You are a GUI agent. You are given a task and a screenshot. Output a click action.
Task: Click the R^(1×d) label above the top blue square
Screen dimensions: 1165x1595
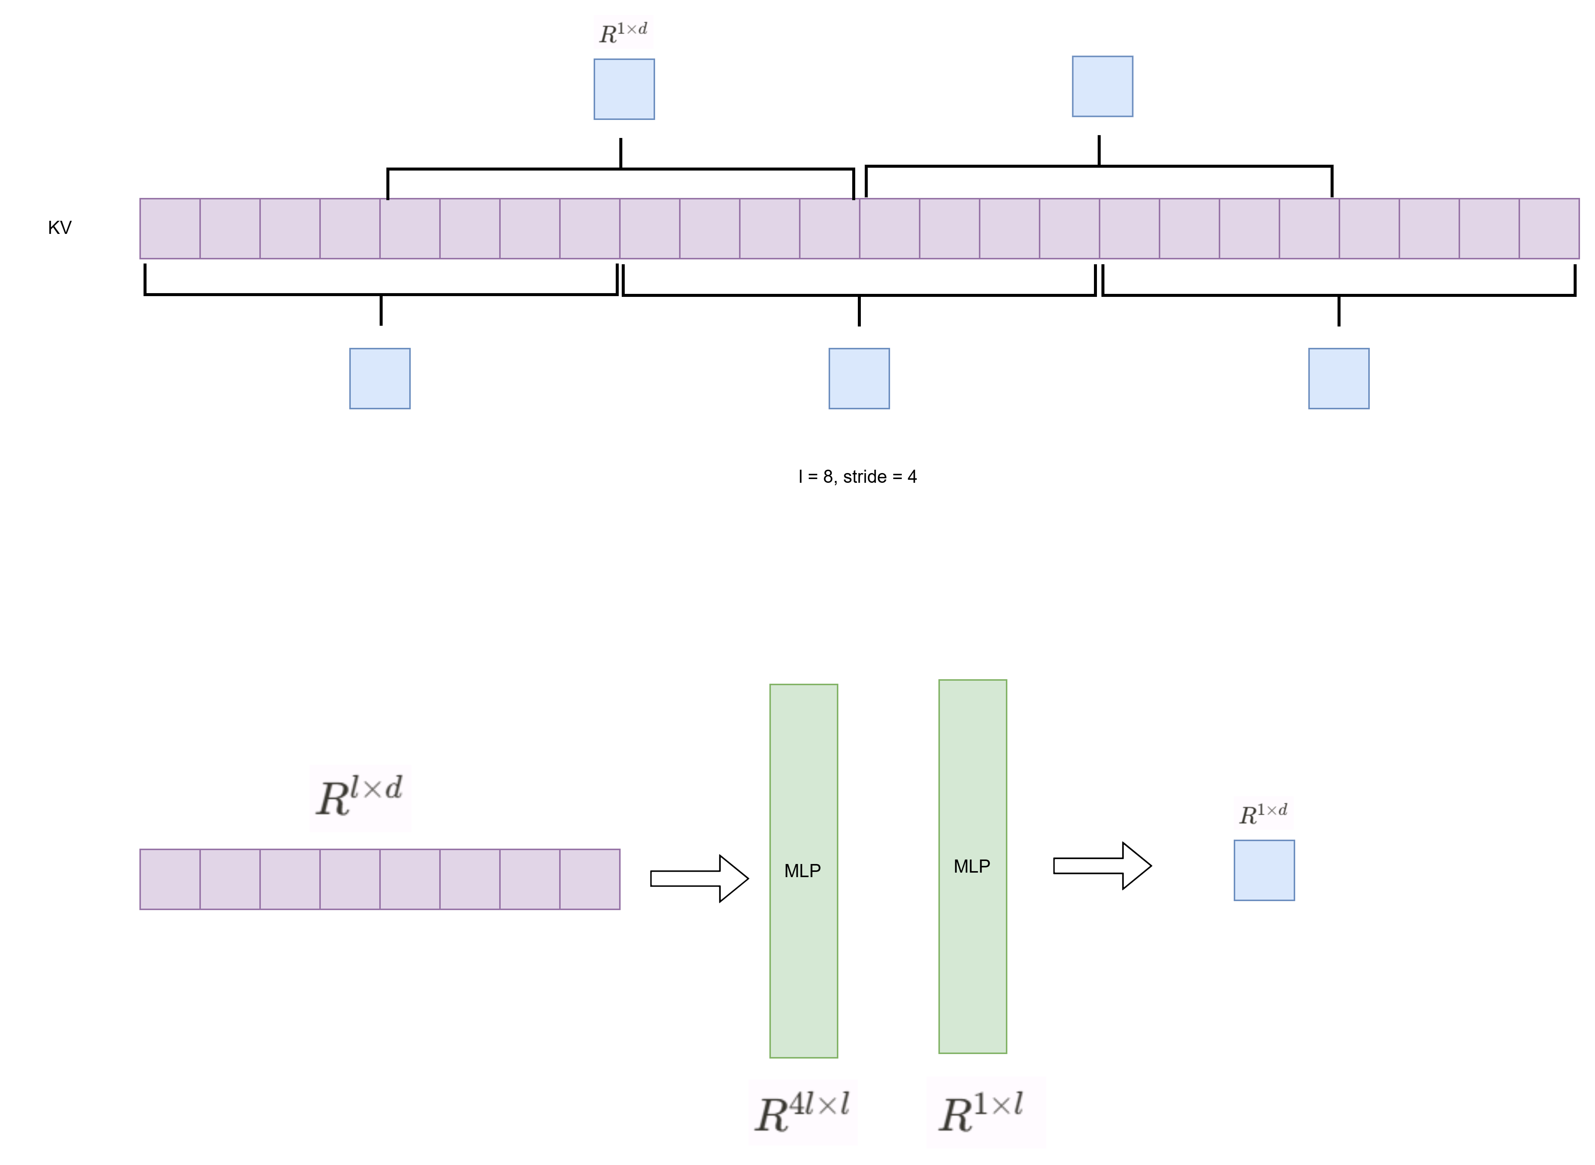click(x=623, y=32)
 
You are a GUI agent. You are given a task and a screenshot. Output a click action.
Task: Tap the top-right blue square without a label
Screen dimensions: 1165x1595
click(x=1102, y=87)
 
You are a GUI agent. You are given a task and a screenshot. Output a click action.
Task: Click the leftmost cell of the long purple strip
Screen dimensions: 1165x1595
click(x=170, y=229)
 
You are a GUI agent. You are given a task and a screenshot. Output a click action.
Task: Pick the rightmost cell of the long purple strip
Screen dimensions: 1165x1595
click(x=1549, y=229)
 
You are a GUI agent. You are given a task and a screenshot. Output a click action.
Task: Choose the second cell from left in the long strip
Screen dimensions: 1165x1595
click(x=230, y=229)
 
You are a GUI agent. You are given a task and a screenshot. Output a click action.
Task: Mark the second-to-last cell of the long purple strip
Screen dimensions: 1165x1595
click(x=1489, y=229)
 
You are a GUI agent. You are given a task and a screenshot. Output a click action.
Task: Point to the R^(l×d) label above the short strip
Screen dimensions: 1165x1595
click(x=360, y=798)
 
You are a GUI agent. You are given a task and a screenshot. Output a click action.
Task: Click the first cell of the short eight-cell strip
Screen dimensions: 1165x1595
click(x=170, y=879)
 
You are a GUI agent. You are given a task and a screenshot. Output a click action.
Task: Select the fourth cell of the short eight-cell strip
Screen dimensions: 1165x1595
click(x=350, y=879)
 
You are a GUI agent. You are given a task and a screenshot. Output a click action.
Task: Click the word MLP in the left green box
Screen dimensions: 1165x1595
click(x=802, y=871)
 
